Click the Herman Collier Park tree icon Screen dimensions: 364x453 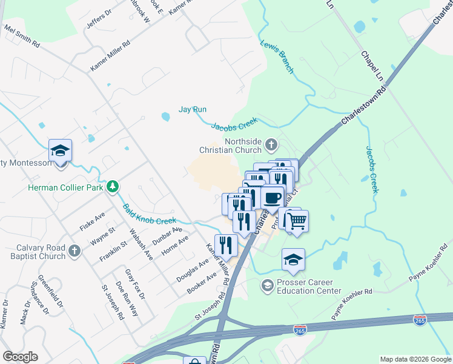tap(112, 186)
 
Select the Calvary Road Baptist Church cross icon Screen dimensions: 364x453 tap(74, 250)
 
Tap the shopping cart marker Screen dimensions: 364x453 tap(297, 221)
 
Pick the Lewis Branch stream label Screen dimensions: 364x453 tap(277, 58)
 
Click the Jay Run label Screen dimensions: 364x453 tap(193, 110)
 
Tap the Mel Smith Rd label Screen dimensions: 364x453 tap(22, 36)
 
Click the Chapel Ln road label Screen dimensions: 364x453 tap(372, 63)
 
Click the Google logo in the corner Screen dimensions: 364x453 tap(20, 357)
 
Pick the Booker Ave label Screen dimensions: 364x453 tap(202, 283)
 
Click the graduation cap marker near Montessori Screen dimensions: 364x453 tap(61, 151)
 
